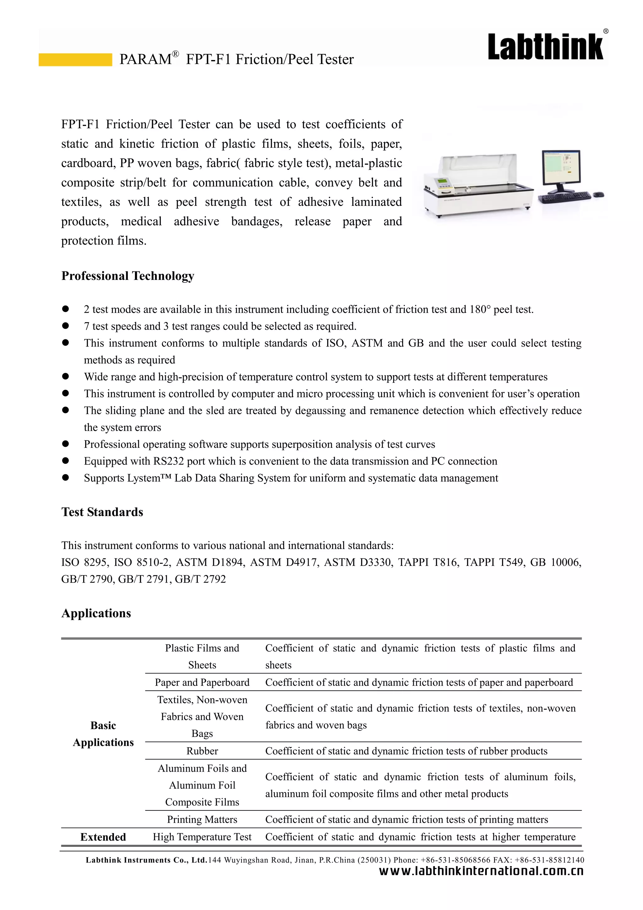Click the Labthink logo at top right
(x=546, y=47)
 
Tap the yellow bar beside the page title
(x=75, y=59)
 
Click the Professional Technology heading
(x=127, y=276)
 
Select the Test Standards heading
(x=102, y=512)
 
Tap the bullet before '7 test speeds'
(x=66, y=326)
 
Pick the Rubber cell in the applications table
(x=202, y=751)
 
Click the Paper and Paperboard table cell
(x=202, y=682)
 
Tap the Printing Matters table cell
(x=202, y=819)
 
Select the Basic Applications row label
(x=103, y=734)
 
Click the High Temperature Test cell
(x=202, y=837)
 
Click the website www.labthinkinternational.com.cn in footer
(x=481, y=871)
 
